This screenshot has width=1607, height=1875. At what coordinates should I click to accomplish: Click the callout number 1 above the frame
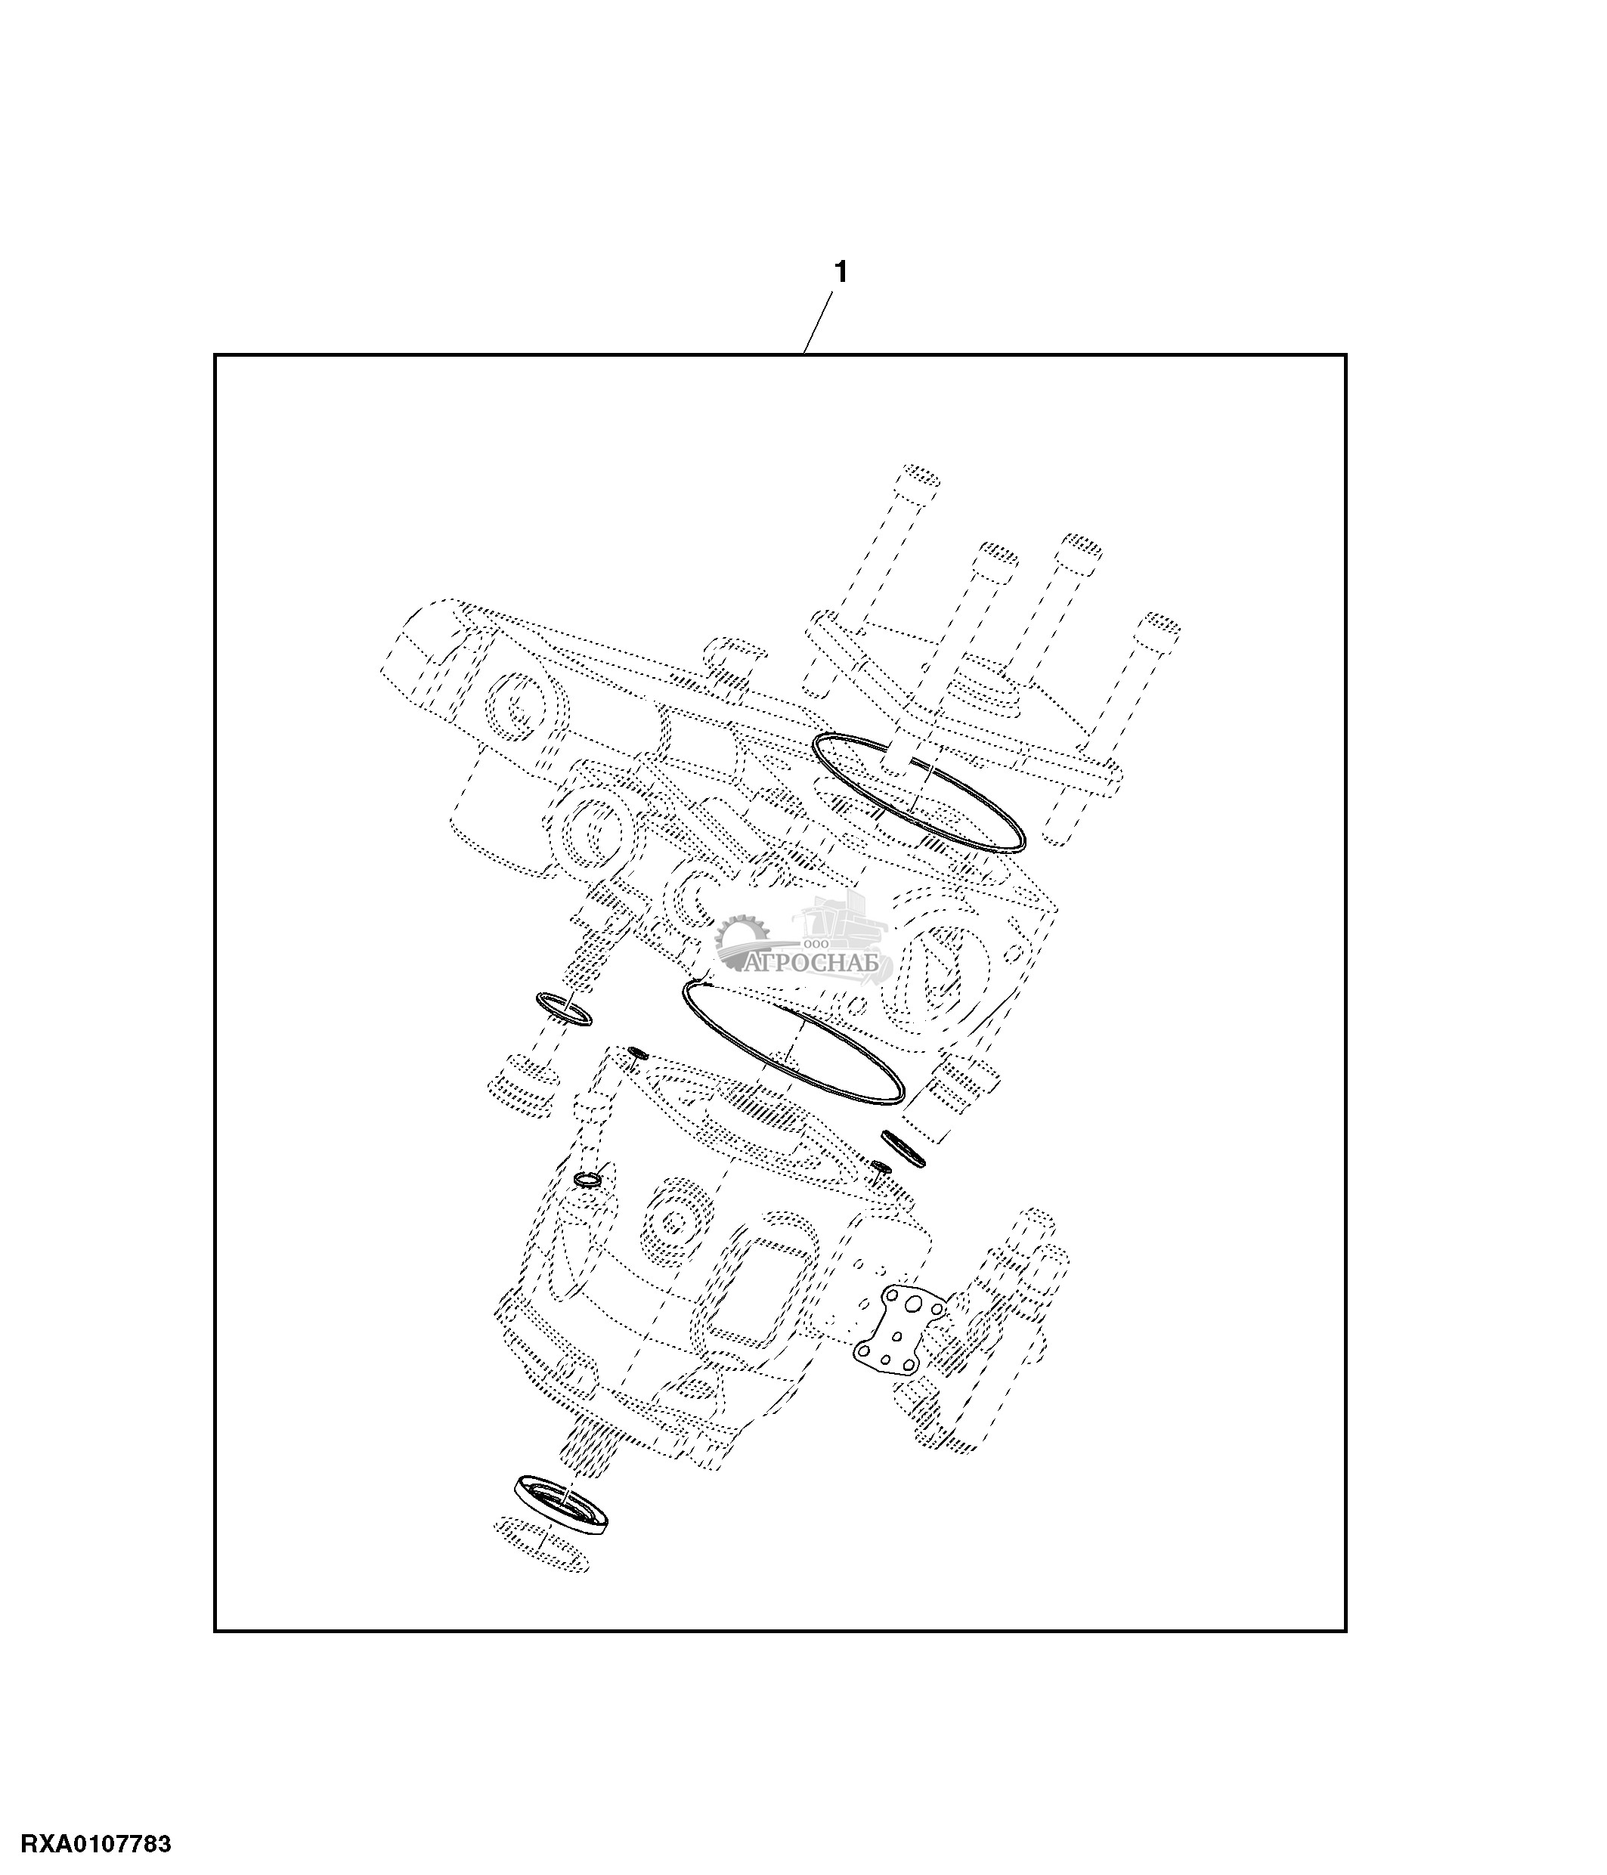tap(840, 271)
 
